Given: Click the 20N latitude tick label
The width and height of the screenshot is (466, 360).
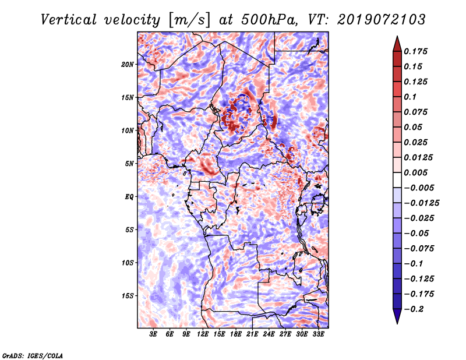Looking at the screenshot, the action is click(x=127, y=65).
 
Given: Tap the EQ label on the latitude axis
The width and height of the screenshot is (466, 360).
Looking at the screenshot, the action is click(x=129, y=197).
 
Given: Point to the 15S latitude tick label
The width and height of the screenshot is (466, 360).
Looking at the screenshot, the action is click(x=127, y=296).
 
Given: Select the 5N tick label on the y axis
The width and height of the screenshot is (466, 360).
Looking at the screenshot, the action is click(x=129, y=164).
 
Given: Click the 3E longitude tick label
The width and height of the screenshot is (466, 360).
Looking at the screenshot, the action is click(x=153, y=334).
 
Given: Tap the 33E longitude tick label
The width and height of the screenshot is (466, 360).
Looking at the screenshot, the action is click(x=318, y=334).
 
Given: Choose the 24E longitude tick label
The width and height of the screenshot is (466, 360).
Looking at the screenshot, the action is click(x=269, y=334).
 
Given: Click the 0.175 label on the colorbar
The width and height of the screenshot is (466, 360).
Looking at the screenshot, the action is click(x=415, y=51).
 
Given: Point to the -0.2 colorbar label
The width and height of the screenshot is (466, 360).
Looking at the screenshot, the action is click(x=414, y=309).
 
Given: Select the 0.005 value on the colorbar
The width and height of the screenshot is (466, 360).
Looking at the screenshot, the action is click(x=415, y=172).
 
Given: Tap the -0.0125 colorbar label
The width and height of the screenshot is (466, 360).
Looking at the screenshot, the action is click(x=421, y=203).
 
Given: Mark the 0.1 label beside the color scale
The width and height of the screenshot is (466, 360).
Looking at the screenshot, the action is click(x=410, y=97).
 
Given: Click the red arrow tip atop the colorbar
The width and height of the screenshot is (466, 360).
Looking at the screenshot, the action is click(x=397, y=36).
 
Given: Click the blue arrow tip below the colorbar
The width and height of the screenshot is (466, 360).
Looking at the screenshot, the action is click(x=397, y=323).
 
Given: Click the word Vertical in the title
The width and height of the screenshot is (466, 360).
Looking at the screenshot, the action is click(x=69, y=20).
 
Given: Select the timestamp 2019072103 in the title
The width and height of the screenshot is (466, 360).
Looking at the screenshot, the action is click(x=382, y=20).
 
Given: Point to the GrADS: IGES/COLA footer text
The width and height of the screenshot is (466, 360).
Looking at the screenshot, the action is click(x=33, y=356).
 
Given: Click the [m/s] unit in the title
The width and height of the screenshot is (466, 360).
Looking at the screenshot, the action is click(x=189, y=20).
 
